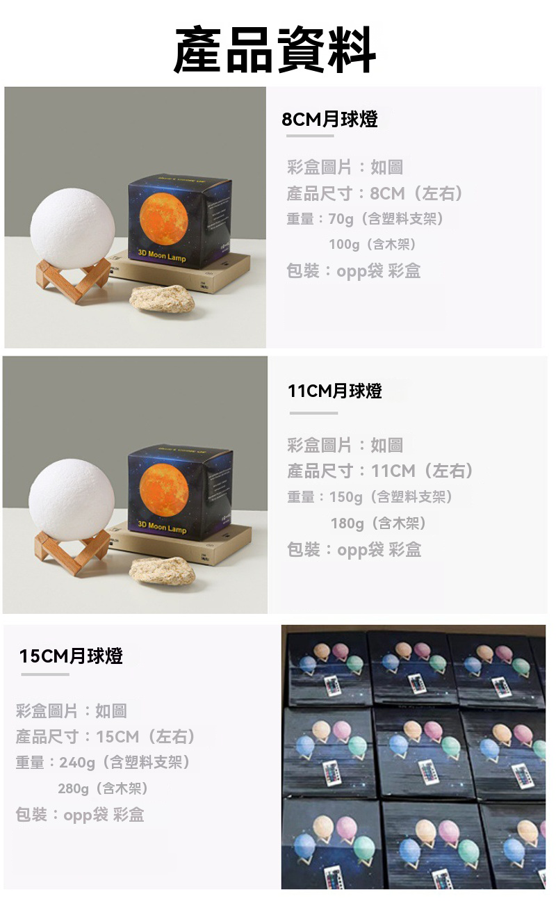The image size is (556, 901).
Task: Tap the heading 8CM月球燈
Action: click(329, 119)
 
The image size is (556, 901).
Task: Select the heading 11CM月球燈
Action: click(334, 391)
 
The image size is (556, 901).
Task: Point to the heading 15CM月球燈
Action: click(71, 656)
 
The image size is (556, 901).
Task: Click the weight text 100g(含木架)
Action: click(373, 245)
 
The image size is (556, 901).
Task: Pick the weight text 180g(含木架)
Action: click(378, 523)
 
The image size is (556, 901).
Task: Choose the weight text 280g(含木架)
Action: click(103, 788)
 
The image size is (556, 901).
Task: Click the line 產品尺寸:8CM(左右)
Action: click(375, 193)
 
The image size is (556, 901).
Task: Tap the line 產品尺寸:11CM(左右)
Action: click(381, 471)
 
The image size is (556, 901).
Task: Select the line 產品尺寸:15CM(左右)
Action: click(106, 736)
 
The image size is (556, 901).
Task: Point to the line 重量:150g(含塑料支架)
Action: click(370, 497)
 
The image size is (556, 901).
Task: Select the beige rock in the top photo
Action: click(162, 298)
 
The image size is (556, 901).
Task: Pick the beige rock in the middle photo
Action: click(162, 570)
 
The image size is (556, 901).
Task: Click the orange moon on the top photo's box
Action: click(164, 219)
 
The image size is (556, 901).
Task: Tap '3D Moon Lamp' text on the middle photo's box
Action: click(162, 527)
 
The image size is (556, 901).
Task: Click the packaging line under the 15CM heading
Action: click(80, 814)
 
